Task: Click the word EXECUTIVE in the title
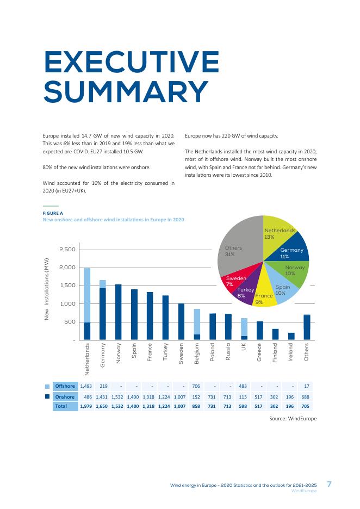(132, 61)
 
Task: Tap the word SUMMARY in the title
(126, 91)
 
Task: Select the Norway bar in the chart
(119, 312)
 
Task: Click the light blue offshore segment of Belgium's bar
(197, 321)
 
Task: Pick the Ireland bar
(291, 336)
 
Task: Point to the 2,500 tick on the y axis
(67, 249)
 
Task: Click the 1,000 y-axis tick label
(67, 303)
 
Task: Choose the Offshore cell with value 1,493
(86, 386)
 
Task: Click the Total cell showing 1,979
(86, 406)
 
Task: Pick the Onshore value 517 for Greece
(258, 396)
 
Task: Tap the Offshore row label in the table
(65, 386)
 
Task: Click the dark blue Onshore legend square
(47, 396)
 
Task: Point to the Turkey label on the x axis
(165, 351)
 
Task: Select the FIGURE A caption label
(53, 213)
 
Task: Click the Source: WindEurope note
(293, 418)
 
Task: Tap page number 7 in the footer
(329, 485)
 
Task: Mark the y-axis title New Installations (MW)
(46, 289)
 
